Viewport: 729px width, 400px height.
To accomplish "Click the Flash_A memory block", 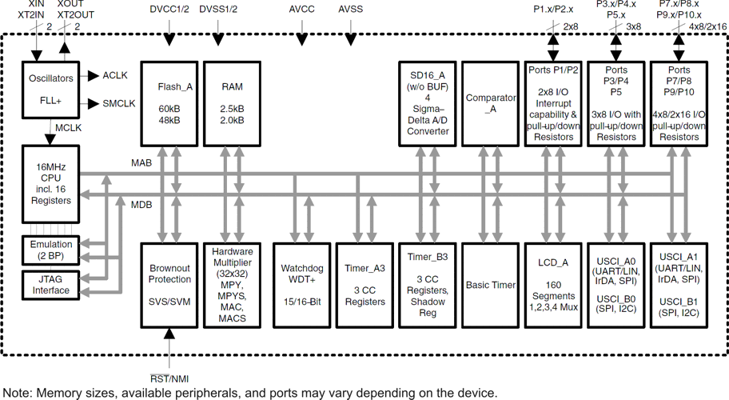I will [169, 102].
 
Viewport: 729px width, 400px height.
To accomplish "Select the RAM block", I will [233, 102].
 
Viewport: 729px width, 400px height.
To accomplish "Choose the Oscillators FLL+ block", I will [51, 90].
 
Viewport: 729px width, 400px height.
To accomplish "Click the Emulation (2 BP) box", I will [51, 250].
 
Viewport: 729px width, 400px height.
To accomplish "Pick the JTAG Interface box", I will [51, 285].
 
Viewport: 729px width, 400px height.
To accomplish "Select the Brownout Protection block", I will [169, 285].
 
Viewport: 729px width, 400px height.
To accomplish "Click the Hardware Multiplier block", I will [233, 285].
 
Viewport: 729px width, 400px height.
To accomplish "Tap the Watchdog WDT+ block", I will [301, 285].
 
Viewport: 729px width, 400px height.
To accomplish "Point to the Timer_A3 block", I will [364, 285].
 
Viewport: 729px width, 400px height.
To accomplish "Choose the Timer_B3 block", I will [428, 285].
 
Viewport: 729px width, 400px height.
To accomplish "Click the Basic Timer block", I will [491, 285].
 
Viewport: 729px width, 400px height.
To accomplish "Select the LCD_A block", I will [553, 285].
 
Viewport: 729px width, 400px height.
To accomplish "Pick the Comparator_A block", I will [491, 102].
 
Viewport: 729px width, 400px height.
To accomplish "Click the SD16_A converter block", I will [428, 102].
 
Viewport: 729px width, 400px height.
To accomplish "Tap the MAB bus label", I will [141, 163].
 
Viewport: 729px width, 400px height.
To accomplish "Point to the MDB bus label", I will [141, 205].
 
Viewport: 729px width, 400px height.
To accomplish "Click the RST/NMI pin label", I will [169, 377].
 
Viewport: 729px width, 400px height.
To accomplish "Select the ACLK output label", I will [114, 75].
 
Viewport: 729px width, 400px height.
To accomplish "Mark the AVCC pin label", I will [302, 10].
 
